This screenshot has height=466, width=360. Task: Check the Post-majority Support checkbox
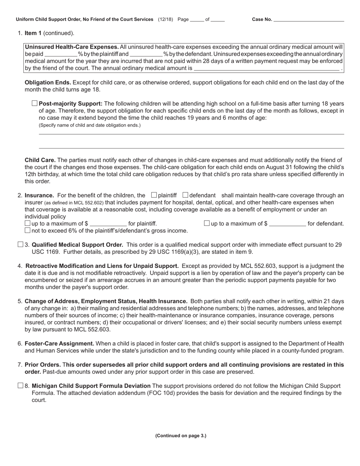click(x=35, y=103)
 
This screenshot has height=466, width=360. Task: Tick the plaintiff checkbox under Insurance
click(x=154, y=195)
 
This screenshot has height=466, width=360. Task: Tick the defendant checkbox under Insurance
click(x=185, y=195)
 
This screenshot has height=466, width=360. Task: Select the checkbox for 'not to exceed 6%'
click(x=27, y=230)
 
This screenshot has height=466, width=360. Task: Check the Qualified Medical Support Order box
click(x=20, y=245)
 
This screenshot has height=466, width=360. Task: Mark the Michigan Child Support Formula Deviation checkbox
click(x=20, y=386)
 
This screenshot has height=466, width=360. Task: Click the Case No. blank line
click(x=308, y=19)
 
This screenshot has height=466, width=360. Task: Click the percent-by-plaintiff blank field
click(x=61, y=54)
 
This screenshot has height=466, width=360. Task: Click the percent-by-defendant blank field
click(x=146, y=54)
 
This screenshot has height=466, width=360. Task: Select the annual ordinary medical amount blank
click(x=266, y=69)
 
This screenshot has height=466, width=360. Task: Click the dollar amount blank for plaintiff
click(x=108, y=224)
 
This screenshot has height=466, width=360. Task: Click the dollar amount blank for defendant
click(x=287, y=224)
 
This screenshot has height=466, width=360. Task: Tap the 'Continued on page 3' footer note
click(x=180, y=436)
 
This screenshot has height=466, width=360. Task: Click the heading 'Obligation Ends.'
click(x=48, y=83)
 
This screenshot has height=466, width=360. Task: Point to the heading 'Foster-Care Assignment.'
click(x=59, y=344)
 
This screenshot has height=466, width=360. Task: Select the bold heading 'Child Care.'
click(x=40, y=160)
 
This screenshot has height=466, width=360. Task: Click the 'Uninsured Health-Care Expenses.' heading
click(x=72, y=47)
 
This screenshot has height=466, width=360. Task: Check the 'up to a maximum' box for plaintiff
click(x=27, y=224)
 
